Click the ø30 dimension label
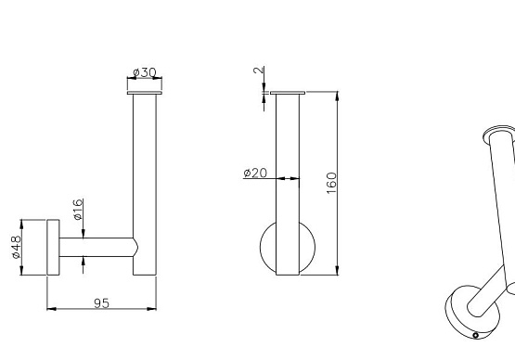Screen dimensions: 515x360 tap(144, 72)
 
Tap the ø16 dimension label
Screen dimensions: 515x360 tap(78, 210)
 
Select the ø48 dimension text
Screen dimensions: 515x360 tap(16, 247)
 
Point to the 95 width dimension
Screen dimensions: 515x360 tap(101, 303)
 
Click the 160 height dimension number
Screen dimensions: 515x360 tap(331, 183)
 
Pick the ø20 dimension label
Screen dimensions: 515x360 tap(255, 173)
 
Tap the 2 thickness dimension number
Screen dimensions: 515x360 tap(259, 70)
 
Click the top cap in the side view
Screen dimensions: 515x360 tap(145, 93)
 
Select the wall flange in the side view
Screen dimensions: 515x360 tap(53, 247)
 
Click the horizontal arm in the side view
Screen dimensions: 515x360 tap(97, 247)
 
